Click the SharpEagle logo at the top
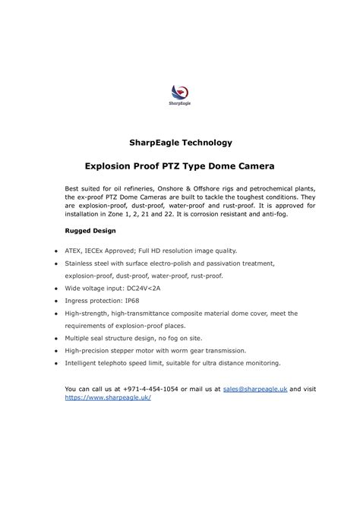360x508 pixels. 179,93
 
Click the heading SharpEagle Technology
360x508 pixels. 179,142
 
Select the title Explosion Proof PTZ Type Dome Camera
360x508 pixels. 179,165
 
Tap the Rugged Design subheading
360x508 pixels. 90,229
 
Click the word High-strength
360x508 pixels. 87,313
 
